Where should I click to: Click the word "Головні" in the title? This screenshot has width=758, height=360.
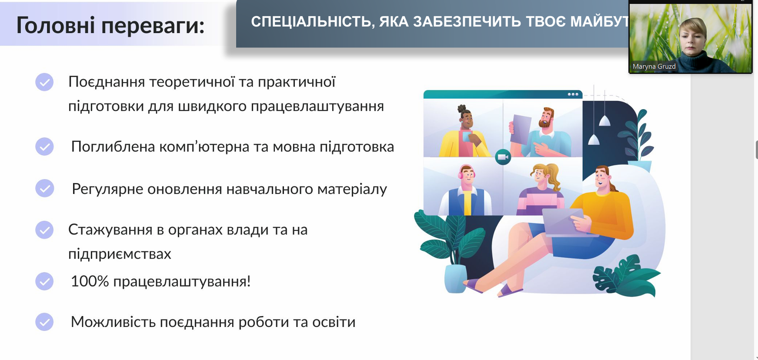(x=55, y=25)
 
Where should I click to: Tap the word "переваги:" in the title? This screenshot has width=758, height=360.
(x=153, y=26)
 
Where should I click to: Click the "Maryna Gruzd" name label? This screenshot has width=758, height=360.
(x=654, y=67)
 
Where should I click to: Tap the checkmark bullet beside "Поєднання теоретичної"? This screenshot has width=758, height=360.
(x=44, y=82)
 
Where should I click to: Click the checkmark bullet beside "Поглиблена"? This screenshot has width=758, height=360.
(x=44, y=147)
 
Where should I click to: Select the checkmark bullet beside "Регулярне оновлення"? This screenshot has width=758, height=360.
(x=44, y=188)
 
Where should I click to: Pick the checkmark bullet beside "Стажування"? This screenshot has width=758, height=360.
(x=44, y=230)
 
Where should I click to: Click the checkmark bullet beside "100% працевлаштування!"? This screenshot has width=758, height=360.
(x=44, y=281)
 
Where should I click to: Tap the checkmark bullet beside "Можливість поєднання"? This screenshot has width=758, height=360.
(x=44, y=322)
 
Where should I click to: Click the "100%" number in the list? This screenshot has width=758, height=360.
(x=90, y=281)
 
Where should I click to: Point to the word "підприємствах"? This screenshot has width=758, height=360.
(x=120, y=254)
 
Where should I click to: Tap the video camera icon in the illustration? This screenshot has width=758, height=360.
(x=503, y=157)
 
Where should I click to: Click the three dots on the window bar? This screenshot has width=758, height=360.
(x=573, y=94)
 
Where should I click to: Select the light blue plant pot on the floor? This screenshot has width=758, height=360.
(x=455, y=278)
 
